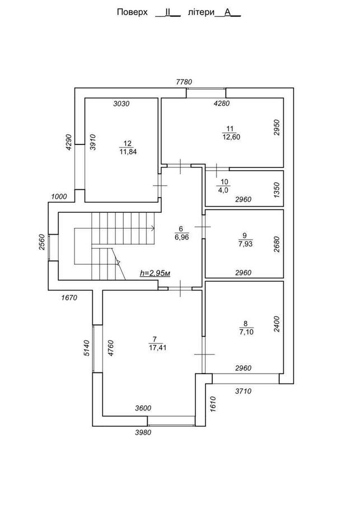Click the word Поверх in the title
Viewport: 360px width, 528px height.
(x=132, y=12)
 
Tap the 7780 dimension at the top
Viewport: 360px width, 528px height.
(x=184, y=82)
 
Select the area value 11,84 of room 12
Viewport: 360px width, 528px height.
(x=128, y=152)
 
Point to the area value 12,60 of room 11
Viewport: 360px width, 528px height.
(x=231, y=137)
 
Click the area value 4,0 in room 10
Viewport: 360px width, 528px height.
(x=224, y=190)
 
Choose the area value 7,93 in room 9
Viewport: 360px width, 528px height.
(x=245, y=244)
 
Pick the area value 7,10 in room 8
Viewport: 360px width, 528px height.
(x=246, y=332)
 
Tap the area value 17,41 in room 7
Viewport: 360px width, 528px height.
(x=157, y=347)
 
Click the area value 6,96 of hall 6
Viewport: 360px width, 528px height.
(x=182, y=237)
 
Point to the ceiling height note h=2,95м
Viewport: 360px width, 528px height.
(x=155, y=273)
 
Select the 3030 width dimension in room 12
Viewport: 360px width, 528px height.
(x=121, y=104)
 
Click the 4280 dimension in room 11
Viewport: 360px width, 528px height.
(x=222, y=104)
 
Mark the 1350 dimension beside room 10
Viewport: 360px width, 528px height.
(x=277, y=190)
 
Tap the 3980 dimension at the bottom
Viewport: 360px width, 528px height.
(x=143, y=432)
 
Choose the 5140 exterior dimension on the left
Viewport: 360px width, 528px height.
(x=87, y=348)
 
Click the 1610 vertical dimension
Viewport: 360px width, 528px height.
(x=213, y=404)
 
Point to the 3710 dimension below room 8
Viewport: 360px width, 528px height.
(x=243, y=391)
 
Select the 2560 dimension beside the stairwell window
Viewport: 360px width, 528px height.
(x=42, y=242)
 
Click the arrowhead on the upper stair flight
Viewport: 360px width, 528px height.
(x=153, y=228)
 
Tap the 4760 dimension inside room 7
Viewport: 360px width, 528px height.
(x=111, y=348)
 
